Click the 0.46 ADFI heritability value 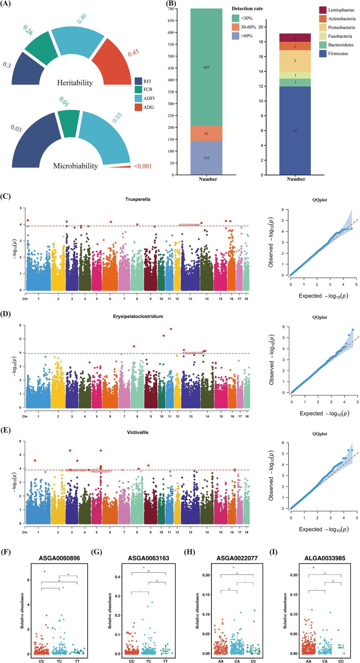point(82,18)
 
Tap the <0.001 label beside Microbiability point(143,166)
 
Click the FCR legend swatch point(138,89)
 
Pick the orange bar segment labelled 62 point(206,133)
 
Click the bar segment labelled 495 point(206,67)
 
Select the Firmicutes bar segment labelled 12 point(295,130)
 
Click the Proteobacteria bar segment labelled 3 point(295,61)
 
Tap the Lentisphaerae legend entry point(337,10)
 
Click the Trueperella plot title point(138,199)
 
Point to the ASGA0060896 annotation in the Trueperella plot point(189,225)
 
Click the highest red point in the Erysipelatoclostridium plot point(171,329)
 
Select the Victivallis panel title point(138,432)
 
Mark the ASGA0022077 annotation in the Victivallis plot point(102,471)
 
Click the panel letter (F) point(6,552)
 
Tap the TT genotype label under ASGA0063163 point(165,659)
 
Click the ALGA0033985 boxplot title point(325,558)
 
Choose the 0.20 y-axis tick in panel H point(206,575)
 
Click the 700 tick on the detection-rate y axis point(171,9)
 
